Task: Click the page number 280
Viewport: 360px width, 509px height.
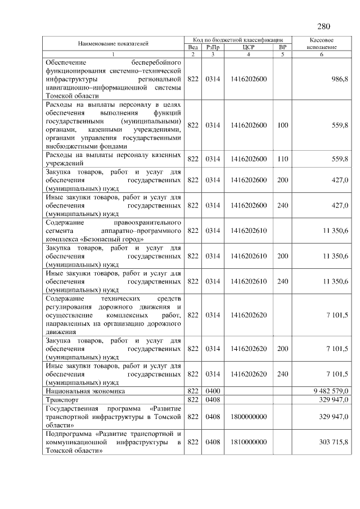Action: pos(323,26)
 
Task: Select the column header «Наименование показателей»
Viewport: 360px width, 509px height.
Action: pos(113,44)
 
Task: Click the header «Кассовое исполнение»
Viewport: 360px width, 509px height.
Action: pos(322,44)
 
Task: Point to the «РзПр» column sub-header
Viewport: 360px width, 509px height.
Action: pos(213,47)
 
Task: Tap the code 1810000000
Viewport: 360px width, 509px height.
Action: pos(249,443)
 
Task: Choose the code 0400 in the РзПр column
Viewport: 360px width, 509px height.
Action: pos(213,390)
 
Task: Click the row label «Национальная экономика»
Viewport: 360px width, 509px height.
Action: pos(85,390)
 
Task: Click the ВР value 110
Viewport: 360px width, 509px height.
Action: pos(282,159)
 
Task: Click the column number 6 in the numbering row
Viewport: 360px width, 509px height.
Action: pos(322,54)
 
